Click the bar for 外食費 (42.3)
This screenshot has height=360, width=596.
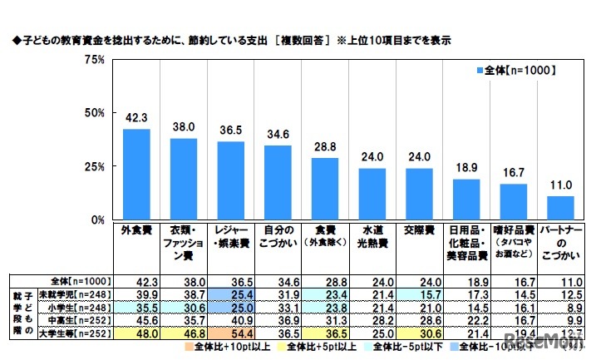(x=136, y=174)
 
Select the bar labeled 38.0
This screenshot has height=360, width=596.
(x=184, y=179)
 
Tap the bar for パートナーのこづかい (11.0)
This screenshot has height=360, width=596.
(x=560, y=208)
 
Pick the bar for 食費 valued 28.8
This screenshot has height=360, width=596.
(x=325, y=189)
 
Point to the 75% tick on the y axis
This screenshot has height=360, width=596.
(x=92, y=60)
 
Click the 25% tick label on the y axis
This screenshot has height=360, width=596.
(x=92, y=167)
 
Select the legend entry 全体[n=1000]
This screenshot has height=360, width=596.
(x=515, y=70)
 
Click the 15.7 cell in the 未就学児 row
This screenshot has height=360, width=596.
(x=419, y=294)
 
